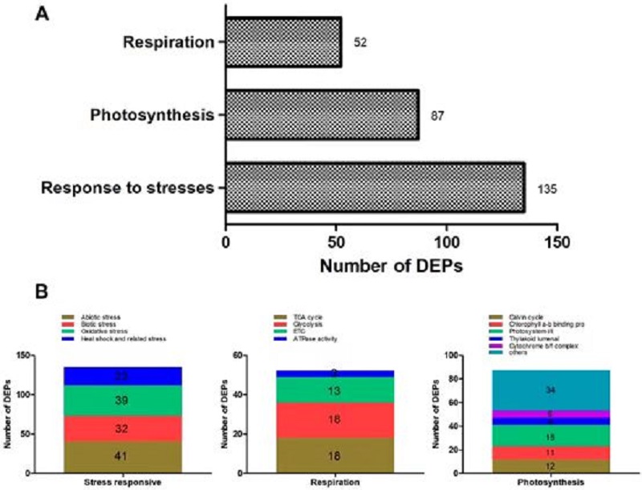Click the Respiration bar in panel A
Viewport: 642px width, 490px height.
(x=283, y=42)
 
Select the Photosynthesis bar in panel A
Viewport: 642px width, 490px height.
(x=322, y=115)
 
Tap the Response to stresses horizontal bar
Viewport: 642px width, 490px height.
(x=375, y=188)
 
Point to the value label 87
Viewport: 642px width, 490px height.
(x=437, y=116)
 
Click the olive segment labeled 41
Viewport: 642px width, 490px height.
(x=123, y=456)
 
